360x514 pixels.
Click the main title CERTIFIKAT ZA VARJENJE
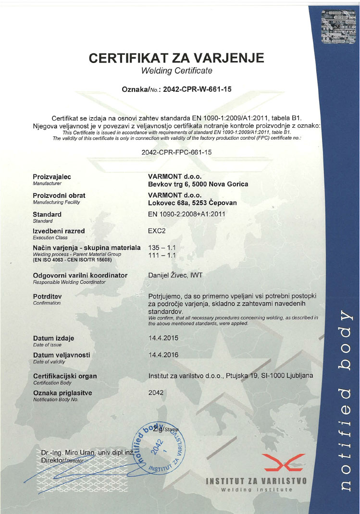point(177,58)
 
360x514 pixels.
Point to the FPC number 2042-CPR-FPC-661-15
point(177,152)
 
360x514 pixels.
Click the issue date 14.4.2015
point(163,338)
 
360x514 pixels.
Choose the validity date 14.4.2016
point(163,355)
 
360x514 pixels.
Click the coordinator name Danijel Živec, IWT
point(176,275)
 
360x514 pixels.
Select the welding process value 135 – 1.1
point(163,247)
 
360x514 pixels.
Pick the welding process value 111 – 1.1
point(163,255)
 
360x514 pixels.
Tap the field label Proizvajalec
point(52,177)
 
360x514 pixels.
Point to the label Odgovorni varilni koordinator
point(80,275)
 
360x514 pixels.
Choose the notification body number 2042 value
point(156,392)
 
